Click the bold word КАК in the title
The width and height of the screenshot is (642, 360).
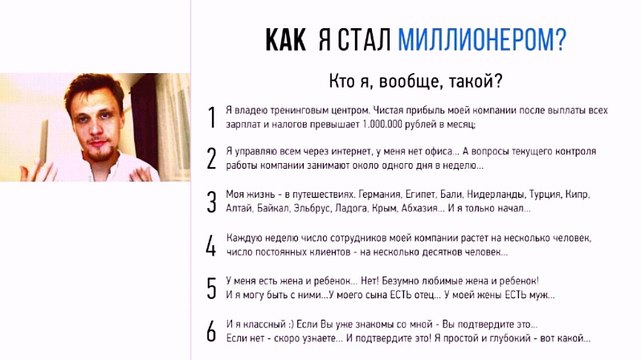click(x=287, y=39)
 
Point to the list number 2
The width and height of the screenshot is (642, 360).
click(x=211, y=159)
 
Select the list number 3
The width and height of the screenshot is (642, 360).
click(x=211, y=201)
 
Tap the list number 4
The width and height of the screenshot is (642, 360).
click(x=211, y=246)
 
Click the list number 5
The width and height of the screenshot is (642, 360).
click(x=211, y=288)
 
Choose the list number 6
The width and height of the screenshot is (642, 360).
click(x=211, y=331)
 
